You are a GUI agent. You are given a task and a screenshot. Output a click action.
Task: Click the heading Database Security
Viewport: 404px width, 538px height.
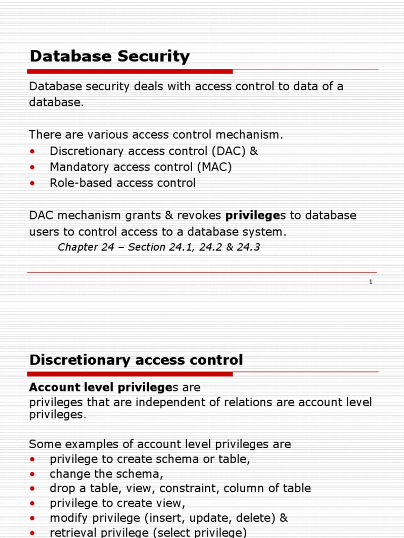pos(109,56)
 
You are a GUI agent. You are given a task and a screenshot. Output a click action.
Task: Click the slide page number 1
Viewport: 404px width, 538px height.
pos(370,282)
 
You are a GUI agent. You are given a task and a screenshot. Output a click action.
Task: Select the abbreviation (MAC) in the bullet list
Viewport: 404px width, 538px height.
pos(215,167)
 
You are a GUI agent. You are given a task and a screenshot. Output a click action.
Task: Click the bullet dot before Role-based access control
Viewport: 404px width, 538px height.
pos(33,183)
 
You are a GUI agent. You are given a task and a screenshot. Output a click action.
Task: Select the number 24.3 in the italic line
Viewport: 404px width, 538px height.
pos(248,247)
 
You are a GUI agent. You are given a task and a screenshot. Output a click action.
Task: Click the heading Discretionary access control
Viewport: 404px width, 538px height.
pos(136,360)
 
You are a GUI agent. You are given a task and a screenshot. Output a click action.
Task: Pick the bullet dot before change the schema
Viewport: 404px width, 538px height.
pos(33,474)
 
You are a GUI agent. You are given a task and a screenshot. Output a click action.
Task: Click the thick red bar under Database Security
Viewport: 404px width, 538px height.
pos(129,71)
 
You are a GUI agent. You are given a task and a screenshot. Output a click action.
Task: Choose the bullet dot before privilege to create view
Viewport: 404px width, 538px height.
pos(33,503)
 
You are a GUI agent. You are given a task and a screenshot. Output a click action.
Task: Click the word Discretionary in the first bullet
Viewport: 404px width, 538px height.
pos(86,151)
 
